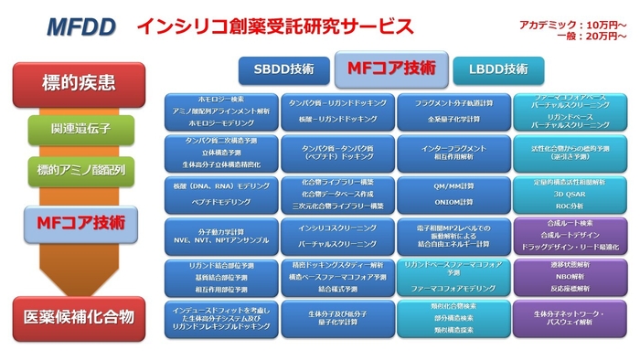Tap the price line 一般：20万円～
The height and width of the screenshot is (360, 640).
pos(589,36)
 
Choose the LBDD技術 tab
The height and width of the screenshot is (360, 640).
pos(497,69)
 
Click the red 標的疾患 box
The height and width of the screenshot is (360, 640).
pos(79,85)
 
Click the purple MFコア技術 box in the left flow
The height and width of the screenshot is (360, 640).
pos(80,220)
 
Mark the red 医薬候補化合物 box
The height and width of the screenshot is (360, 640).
pos(79,316)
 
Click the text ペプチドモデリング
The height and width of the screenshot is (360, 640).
pos(220,198)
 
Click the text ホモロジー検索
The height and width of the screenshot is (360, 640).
pos(220,98)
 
